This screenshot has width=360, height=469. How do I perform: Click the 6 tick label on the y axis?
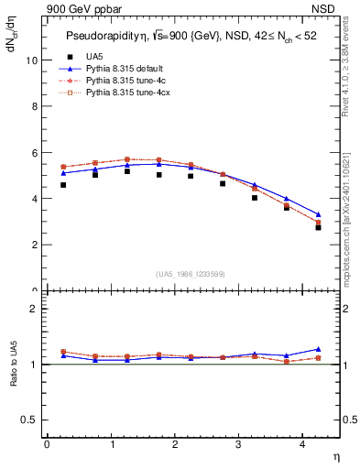click(34, 152)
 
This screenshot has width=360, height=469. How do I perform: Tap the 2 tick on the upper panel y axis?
click(34, 245)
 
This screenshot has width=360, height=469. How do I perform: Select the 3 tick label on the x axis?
click(238, 444)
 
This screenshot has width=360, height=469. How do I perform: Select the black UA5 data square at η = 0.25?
click(63, 185)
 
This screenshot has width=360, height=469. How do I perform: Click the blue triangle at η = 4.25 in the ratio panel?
click(318, 349)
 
